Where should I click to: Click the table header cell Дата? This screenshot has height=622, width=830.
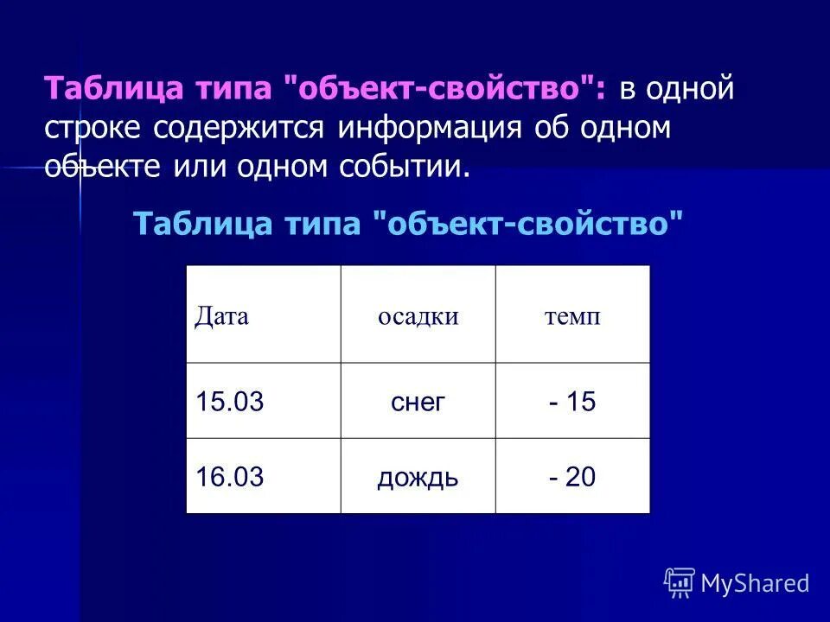click(x=221, y=316)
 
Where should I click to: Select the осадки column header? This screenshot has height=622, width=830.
click(x=418, y=316)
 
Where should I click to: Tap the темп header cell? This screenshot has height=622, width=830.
click(x=572, y=316)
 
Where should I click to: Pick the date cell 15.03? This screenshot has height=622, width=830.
click(x=229, y=402)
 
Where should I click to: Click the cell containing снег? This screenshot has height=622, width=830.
click(x=418, y=402)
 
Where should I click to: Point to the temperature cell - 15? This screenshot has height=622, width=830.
click(x=572, y=402)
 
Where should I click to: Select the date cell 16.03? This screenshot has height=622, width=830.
click(x=229, y=477)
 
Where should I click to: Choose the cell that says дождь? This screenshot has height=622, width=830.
click(x=418, y=477)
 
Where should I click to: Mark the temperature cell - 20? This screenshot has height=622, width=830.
click(x=572, y=477)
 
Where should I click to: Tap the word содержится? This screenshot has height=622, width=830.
click(x=239, y=128)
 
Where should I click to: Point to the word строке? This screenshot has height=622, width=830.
click(x=95, y=128)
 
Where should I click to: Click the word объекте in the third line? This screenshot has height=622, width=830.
click(x=102, y=166)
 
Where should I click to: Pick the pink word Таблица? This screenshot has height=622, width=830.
click(x=100, y=89)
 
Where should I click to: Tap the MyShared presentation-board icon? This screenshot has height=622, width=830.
click(x=680, y=582)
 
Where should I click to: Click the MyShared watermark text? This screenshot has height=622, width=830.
click(x=755, y=583)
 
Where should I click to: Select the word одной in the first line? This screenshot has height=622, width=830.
click(x=689, y=89)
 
